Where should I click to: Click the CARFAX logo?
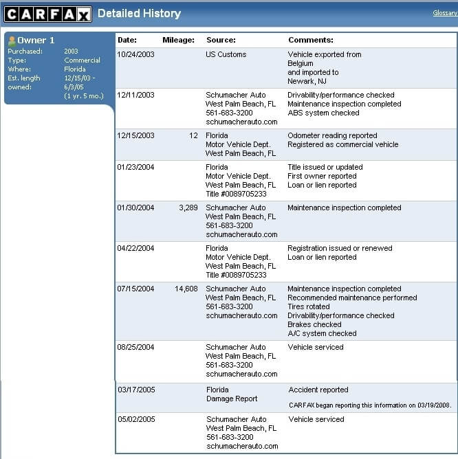click(x=47, y=14)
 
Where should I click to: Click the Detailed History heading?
click(x=139, y=13)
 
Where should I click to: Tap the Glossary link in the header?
click(x=445, y=13)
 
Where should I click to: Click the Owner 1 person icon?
click(x=12, y=41)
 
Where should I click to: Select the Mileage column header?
click(x=178, y=40)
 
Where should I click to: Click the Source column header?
click(x=221, y=40)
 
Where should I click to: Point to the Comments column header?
click(x=311, y=40)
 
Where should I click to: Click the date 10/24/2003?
click(x=135, y=54)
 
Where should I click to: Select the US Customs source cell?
click(x=226, y=54)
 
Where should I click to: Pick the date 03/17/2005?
click(x=136, y=390)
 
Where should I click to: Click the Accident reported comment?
click(x=318, y=390)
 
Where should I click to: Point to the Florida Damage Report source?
click(x=232, y=394)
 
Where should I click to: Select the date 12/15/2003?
click(x=135, y=135)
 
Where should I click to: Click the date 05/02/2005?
click(x=135, y=419)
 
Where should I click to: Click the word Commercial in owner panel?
click(x=82, y=60)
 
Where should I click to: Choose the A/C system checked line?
click(x=322, y=333)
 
